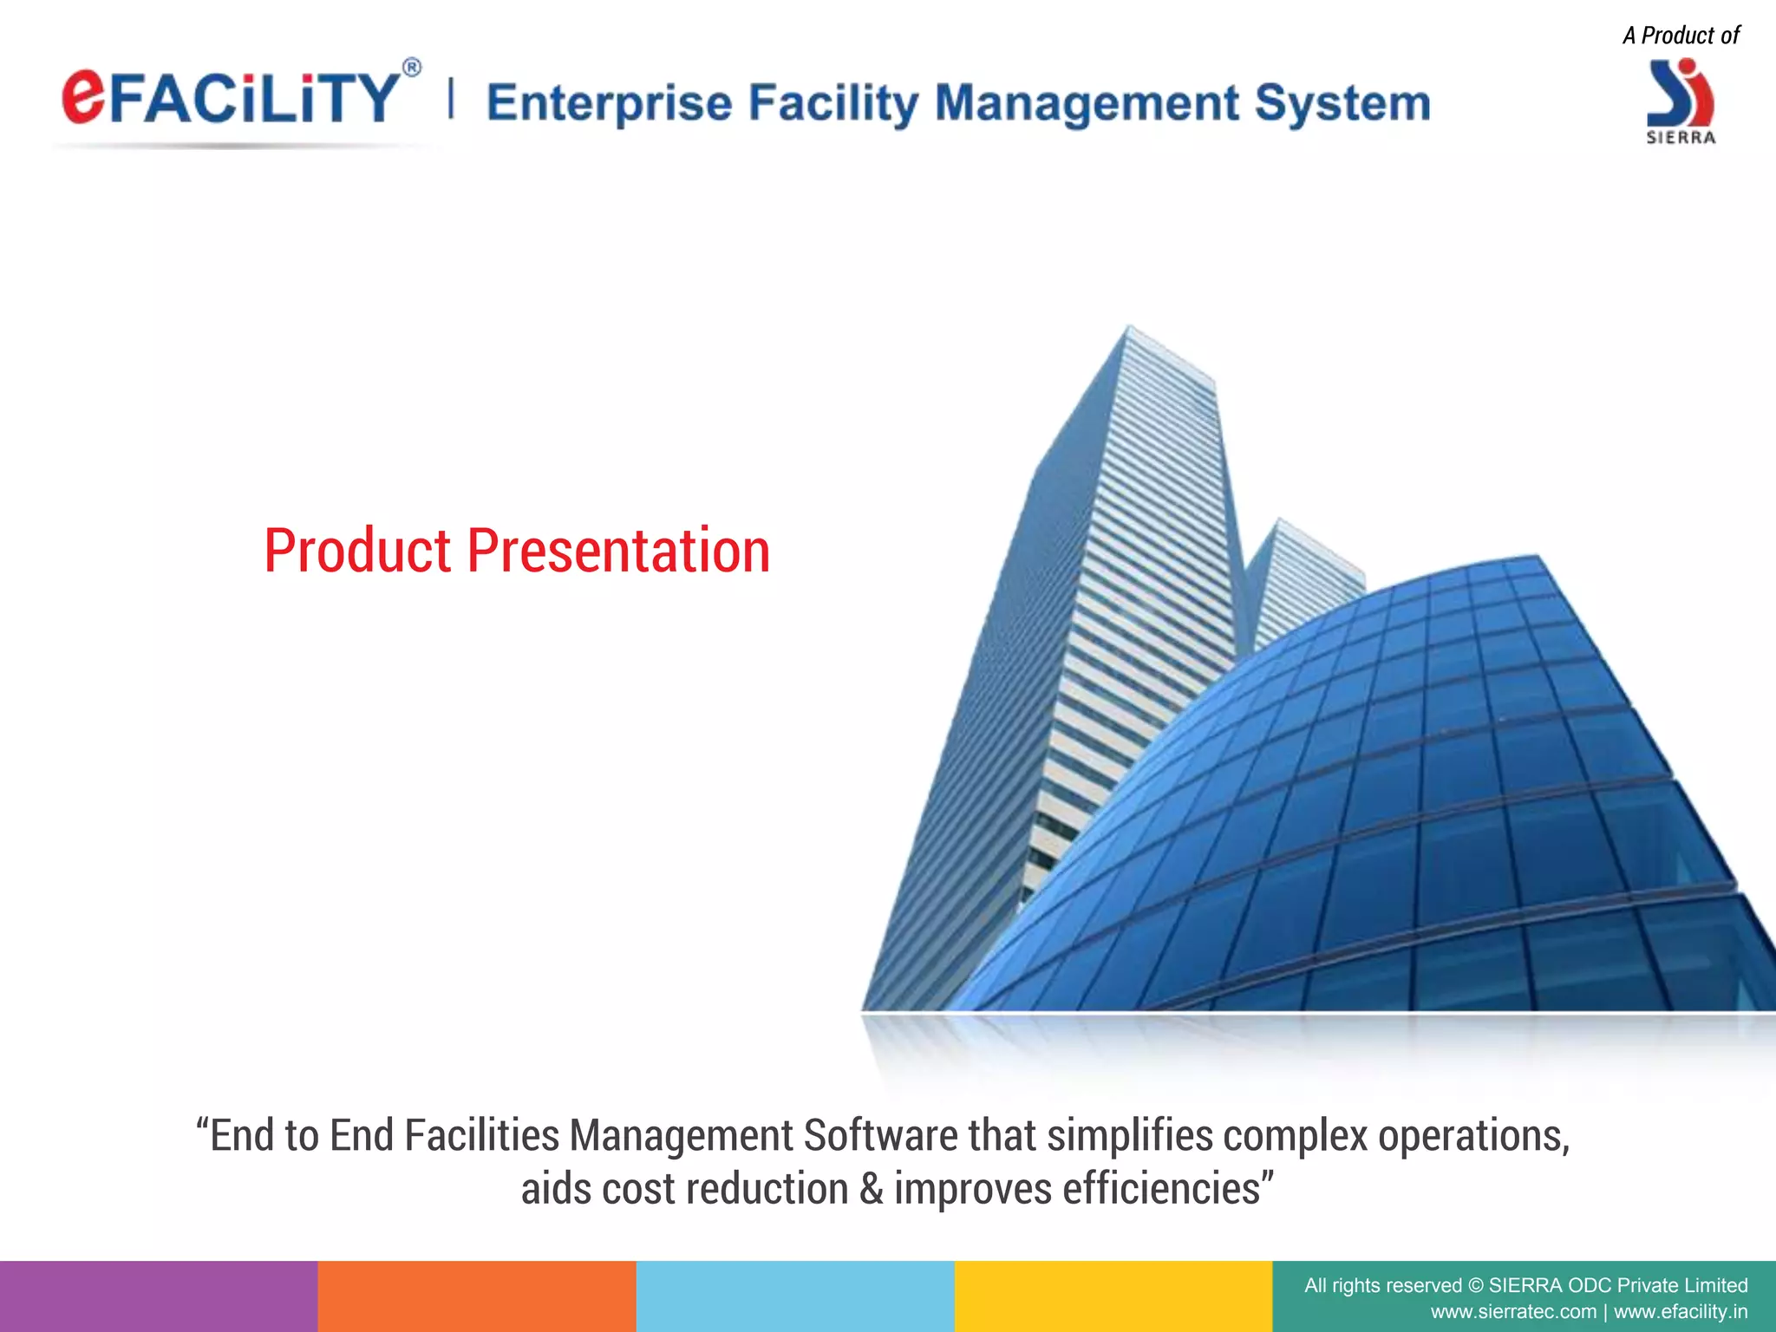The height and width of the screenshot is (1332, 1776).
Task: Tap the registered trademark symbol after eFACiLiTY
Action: pyautogui.click(x=413, y=69)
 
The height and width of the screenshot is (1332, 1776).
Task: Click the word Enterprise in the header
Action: pyautogui.click(x=609, y=103)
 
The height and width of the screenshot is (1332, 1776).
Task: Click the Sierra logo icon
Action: pyautogui.click(x=1680, y=94)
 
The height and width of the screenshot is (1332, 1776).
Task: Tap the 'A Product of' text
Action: pyautogui.click(x=1681, y=36)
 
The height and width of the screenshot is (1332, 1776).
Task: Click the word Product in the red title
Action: pyautogui.click(x=357, y=551)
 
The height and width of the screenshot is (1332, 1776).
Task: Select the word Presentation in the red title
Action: pyautogui.click(x=618, y=551)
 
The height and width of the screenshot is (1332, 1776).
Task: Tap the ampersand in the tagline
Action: pyautogui.click(x=872, y=1189)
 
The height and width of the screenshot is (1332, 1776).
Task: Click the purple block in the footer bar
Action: pyautogui.click(x=159, y=1296)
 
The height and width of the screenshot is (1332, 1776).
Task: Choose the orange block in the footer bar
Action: pyautogui.click(x=477, y=1296)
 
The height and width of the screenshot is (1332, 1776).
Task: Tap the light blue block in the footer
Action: pyautogui.click(x=795, y=1296)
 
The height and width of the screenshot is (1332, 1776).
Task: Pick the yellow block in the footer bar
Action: pyautogui.click(x=1113, y=1296)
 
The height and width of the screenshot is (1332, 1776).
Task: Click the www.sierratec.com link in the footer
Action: pyautogui.click(x=1512, y=1312)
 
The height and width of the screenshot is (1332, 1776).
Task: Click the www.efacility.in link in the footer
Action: pyautogui.click(x=1680, y=1312)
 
